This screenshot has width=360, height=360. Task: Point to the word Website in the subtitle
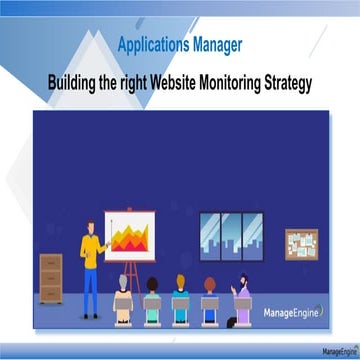click(182, 81)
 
